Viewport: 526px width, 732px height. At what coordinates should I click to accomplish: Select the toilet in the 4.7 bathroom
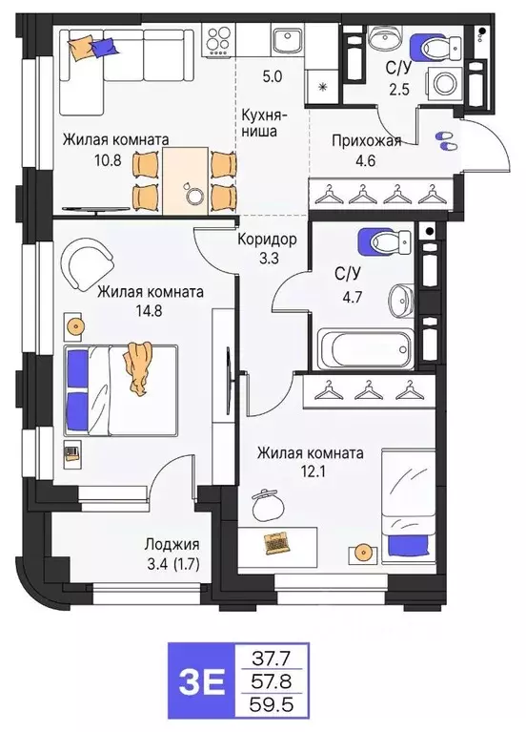click(x=375, y=244)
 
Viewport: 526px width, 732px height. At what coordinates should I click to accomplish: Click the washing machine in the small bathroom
click(x=443, y=82)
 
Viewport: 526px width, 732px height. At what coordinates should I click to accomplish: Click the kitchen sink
click(x=285, y=41)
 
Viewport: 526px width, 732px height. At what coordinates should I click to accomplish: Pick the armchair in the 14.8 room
click(x=88, y=259)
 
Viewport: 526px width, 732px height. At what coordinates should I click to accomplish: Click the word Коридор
click(x=267, y=239)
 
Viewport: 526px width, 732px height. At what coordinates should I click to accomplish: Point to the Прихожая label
click(x=366, y=141)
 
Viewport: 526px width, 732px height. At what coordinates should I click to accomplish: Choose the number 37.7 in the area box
click(x=273, y=659)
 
